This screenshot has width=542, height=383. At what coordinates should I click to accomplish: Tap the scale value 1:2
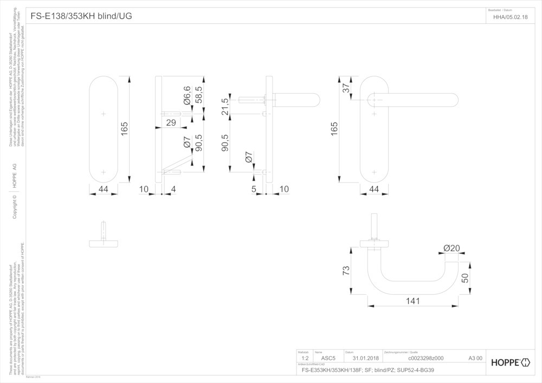[x=305, y=358]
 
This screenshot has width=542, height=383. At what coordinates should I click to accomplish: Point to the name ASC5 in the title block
[x=328, y=358]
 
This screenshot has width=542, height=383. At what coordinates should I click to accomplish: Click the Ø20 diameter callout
[x=451, y=248]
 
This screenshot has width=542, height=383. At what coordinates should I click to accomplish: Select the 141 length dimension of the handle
[x=413, y=301]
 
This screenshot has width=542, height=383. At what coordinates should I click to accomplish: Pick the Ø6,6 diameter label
[x=187, y=95]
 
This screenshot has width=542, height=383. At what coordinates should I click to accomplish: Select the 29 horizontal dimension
[x=171, y=122]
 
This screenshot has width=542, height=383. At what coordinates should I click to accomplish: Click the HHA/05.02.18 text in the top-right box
[x=510, y=17]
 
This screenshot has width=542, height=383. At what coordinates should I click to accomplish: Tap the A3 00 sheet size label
[x=475, y=358]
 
